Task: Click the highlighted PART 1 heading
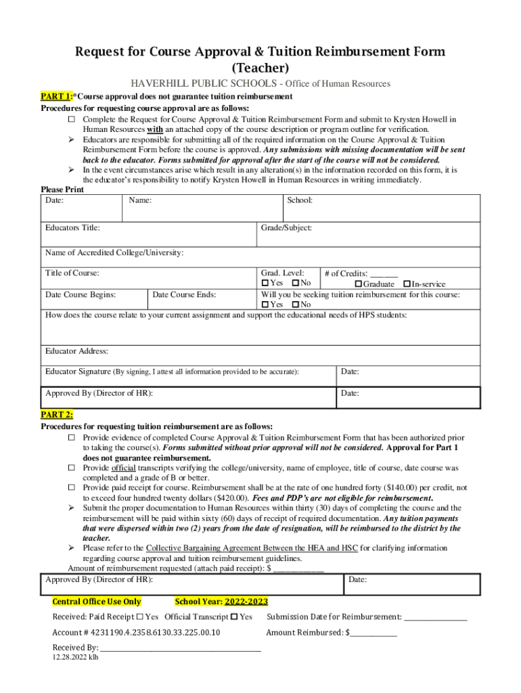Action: (56, 97)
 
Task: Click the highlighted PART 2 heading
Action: (57, 415)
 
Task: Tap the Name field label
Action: (140, 200)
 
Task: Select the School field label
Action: (299, 200)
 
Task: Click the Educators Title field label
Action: (72, 228)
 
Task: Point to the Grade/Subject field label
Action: (286, 228)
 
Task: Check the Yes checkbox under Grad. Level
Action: (265, 283)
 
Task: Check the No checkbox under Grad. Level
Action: (296, 283)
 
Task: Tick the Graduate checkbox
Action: (359, 284)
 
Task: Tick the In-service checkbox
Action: (407, 284)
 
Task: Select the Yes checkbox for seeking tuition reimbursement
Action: (265, 305)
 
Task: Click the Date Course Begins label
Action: (80, 295)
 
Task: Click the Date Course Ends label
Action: (184, 295)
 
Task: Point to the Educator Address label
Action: (76, 351)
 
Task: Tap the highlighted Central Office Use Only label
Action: (97, 602)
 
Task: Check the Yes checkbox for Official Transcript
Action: (234, 617)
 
